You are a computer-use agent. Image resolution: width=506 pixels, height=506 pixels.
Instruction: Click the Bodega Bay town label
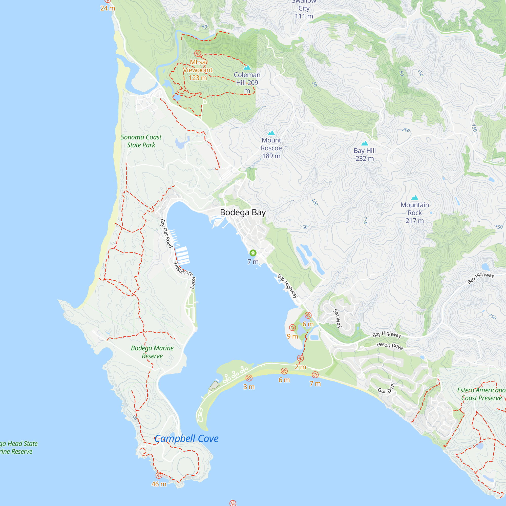pyautogui.click(x=243, y=213)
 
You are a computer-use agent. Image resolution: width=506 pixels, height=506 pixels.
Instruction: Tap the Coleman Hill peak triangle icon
pyautogui.click(x=247, y=68)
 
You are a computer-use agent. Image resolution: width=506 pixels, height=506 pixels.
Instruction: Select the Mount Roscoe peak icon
pyautogui.click(x=271, y=133)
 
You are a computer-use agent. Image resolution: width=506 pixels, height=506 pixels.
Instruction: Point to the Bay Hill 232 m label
pyautogui.click(x=365, y=155)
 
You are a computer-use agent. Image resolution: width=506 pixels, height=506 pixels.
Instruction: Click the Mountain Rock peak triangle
pyautogui.click(x=415, y=198)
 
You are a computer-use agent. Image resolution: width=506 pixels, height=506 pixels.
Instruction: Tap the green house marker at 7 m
pyautogui.click(x=253, y=253)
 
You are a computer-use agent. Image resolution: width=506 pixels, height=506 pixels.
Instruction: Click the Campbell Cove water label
pyautogui.click(x=186, y=438)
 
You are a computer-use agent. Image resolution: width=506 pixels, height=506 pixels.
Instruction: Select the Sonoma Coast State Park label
pyautogui.click(x=141, y=141)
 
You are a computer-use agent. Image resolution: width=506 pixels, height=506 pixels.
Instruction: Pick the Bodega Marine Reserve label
pyautogui.click(x=152, y=352)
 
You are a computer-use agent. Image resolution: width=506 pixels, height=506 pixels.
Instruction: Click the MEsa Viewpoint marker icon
pyautogui.click(x=198, y=53)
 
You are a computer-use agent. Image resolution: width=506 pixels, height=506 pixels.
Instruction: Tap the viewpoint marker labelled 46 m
pyautogui.click(x=159, y=475)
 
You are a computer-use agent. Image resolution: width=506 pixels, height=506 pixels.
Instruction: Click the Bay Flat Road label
pyautogui.click(x=166, y=233)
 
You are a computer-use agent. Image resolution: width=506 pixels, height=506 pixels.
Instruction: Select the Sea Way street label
pyautogui.click(x=337, y=318)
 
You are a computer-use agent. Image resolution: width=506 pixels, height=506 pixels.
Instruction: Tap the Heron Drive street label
pyautogui.click(x=389, y=346)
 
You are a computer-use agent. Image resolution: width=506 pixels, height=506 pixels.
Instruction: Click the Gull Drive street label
pyautogui.click(x=386, y=388)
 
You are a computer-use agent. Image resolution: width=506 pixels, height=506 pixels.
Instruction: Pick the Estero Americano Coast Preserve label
pyautogui.click(x=481, y=394)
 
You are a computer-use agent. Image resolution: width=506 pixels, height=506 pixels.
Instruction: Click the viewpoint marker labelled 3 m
pyautogui.click(x=249, y=378)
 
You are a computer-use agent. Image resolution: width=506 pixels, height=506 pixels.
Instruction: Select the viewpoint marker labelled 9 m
pyautogui.click(x=292, y=328)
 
